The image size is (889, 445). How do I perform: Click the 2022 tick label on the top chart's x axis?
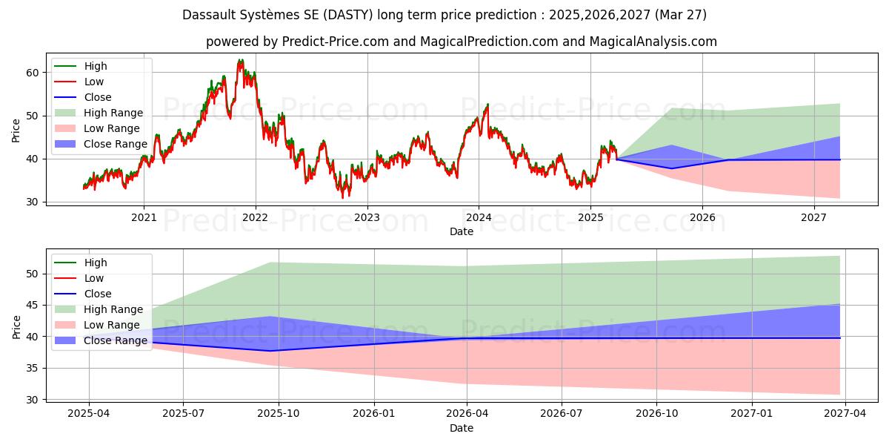pyautogui.click(x=256, y=217)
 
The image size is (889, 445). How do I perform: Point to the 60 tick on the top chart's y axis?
pyautogui.click(x=32, y=73)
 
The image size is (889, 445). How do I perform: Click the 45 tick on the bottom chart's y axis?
pyautogui.click(x=32, y=305)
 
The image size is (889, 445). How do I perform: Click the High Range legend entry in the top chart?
pyautogui.click(x=113, y=113)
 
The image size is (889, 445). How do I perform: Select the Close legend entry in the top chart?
pyautogui.click(x=98, y=97)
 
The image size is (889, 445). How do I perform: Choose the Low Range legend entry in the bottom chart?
pyautogui.click(x=112, y=325)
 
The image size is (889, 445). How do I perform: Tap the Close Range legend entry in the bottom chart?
pyautogui.click(x=116, y=340)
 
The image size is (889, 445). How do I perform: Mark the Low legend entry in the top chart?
pyautogui.click(x=94, y=82)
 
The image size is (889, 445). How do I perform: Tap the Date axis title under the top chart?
pyautogui.click(x=461, y=231)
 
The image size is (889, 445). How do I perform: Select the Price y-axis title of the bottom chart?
pyautogui.click(x=16, y=326)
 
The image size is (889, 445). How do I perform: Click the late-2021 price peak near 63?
pyautogui.click(x=239, y=61)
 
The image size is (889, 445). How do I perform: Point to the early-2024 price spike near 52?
pyautogui.click(x=487, y=105)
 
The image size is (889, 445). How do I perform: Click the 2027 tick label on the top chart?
pyautogui.click(x=814, y=217)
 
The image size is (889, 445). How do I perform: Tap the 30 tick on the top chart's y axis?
pyautogui.click(x=32, y=202)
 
